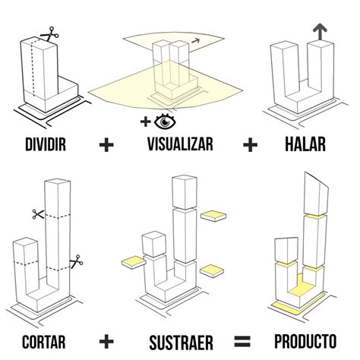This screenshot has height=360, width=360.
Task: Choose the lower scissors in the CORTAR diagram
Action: (75, 262)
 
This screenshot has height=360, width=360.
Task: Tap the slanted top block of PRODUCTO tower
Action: (314, 193)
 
